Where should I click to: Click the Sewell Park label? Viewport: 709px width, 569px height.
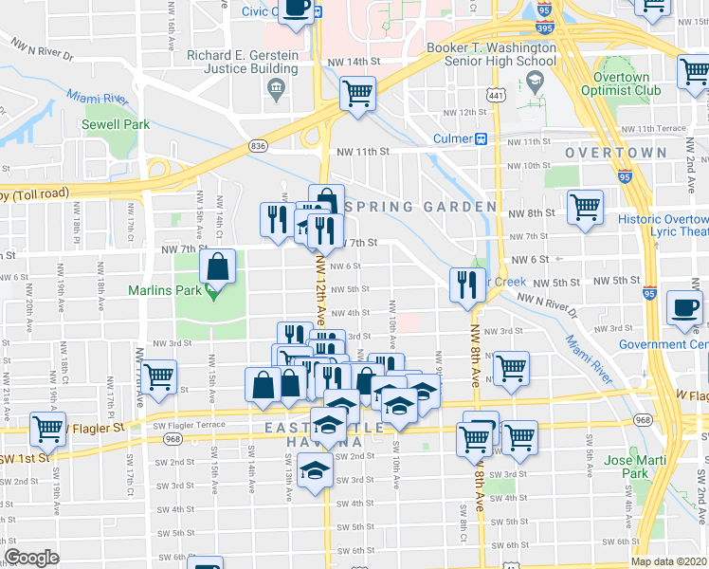tap(116, 124)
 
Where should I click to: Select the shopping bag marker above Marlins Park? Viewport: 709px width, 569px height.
tap(218, 268)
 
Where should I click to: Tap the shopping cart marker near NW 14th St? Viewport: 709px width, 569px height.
tap(357, 94)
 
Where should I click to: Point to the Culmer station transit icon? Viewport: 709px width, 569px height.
tap(481, 139)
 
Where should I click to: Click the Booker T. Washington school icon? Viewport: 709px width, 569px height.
tap(537, 83)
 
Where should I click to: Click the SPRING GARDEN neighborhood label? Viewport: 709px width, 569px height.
tap(420, 207)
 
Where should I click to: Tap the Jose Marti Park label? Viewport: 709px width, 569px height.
tap(631, 466)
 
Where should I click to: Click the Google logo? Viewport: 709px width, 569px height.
tap(31, 558)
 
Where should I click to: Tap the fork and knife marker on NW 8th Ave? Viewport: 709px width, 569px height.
tap(465, 285)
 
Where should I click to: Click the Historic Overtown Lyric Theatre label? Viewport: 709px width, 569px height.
tap(664, 226)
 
